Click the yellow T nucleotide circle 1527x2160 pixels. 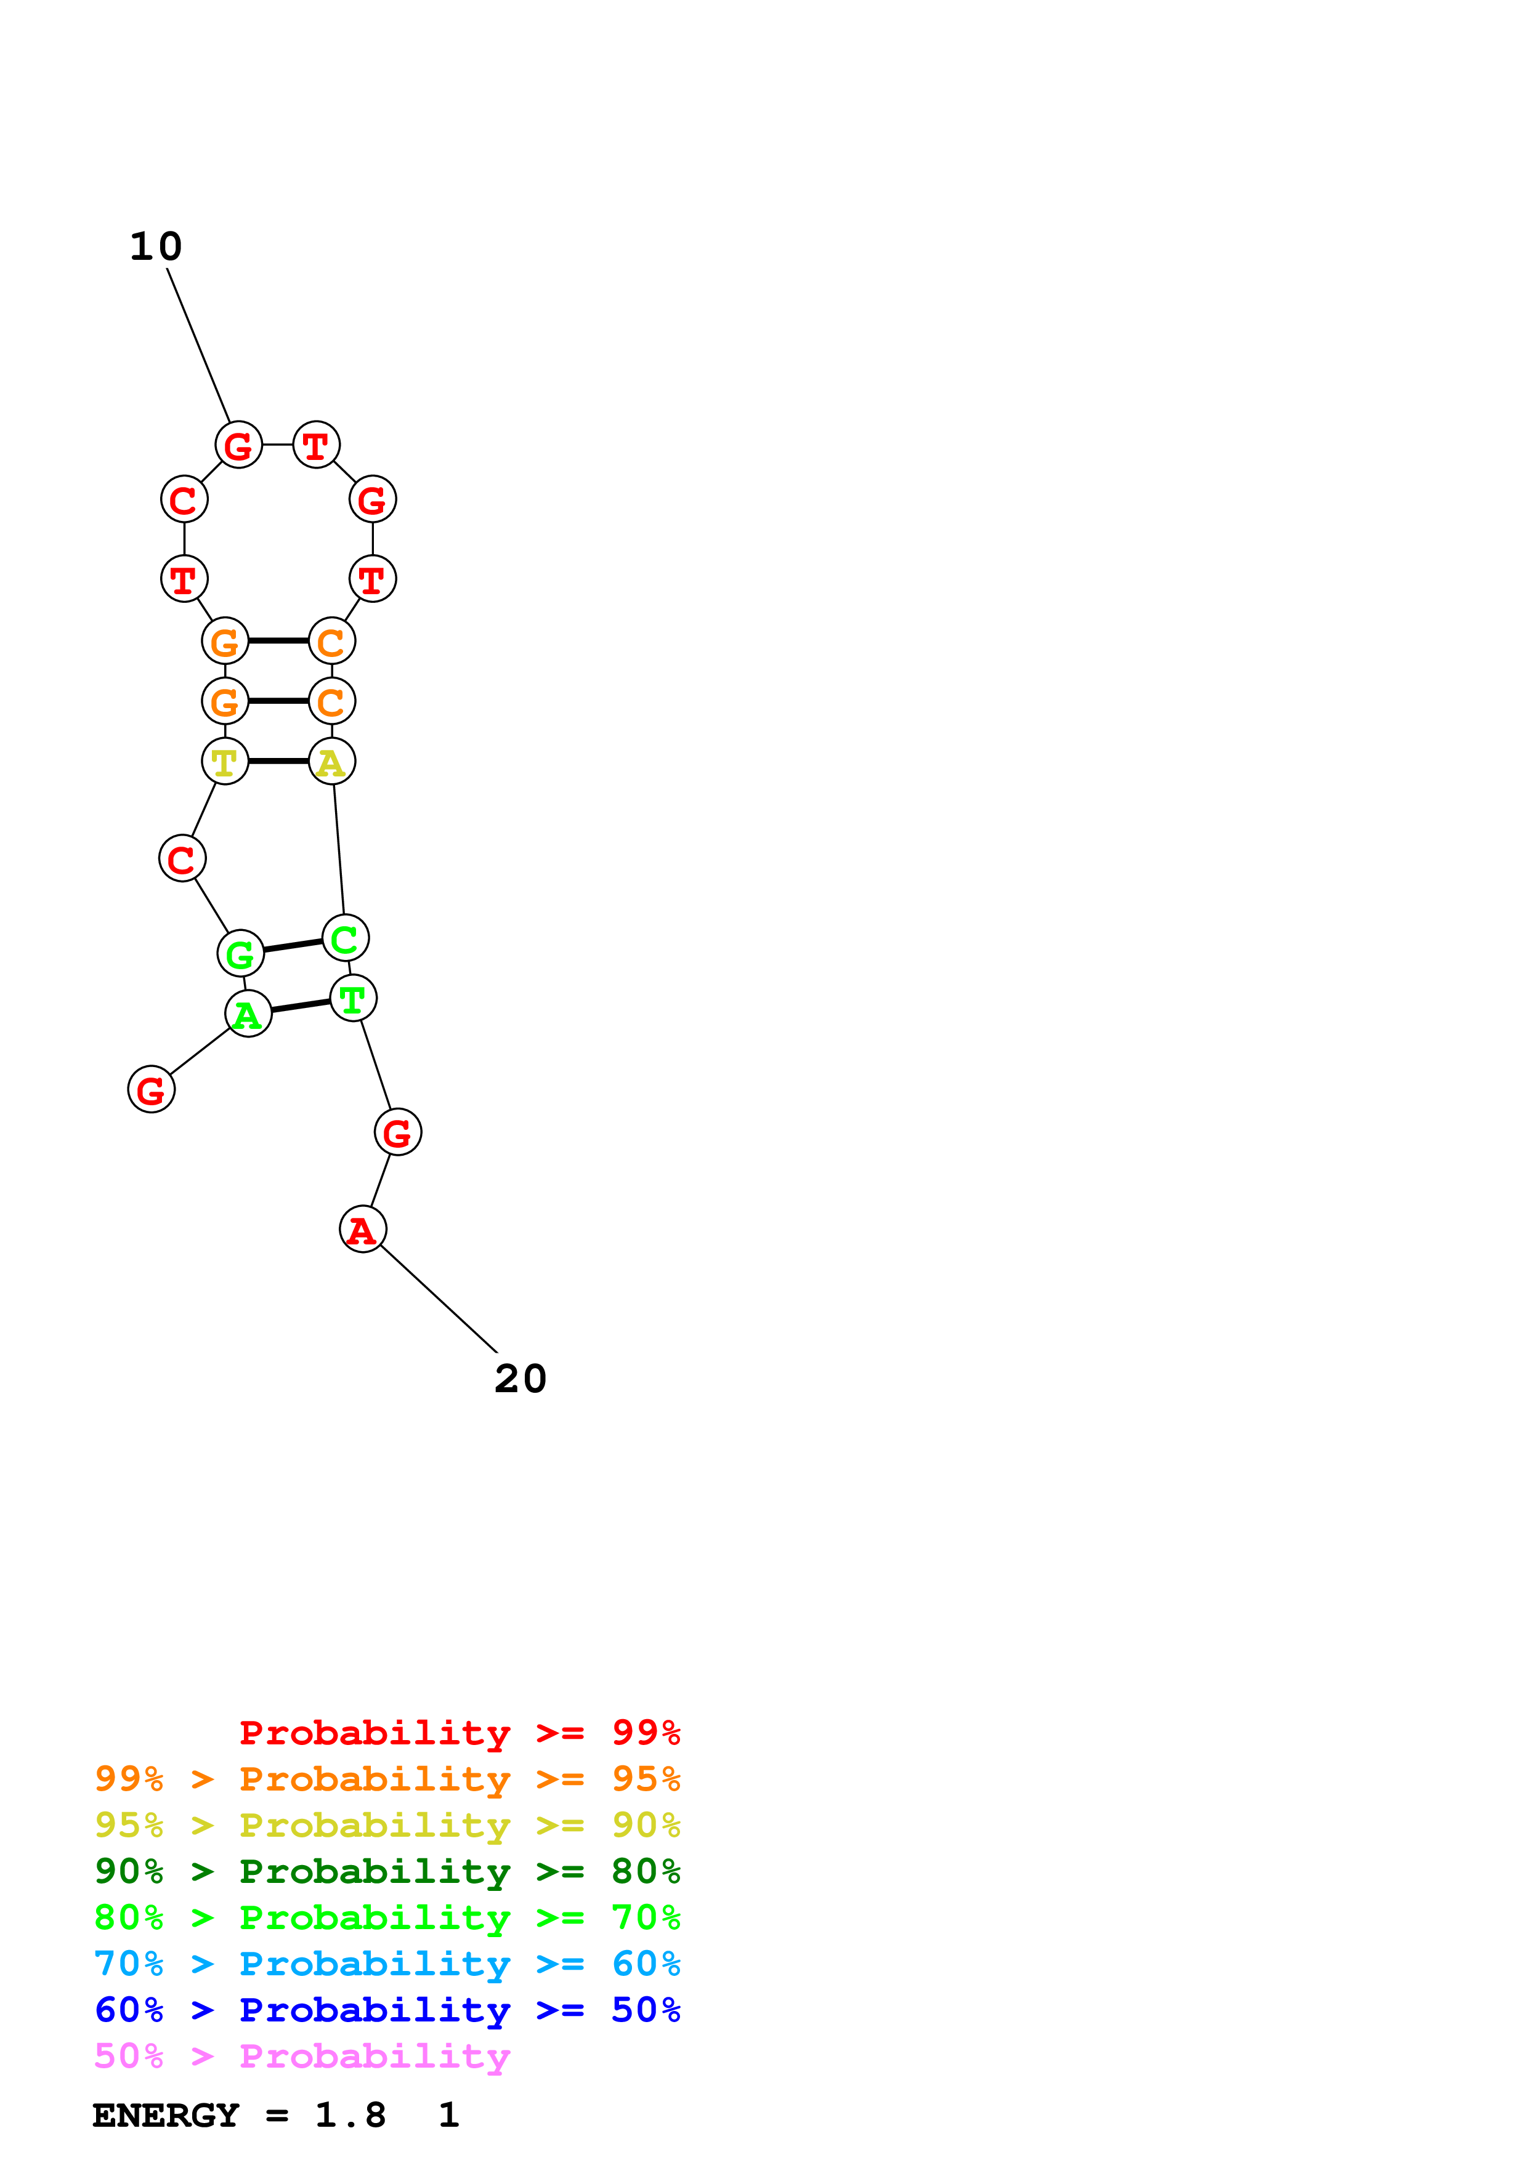[x=225, y=761]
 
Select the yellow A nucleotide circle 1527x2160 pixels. [x=331, y=761]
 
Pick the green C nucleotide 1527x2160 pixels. [x=346, y=938]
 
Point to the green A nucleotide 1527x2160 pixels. [x=248, y=1014]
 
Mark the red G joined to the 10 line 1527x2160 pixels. [x=239, y=445]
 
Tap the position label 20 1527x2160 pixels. [x=520, y=1380]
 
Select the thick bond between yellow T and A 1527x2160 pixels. [x=278, y=761]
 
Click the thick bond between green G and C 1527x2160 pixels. [x=293, y=946]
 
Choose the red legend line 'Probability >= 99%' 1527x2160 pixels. [x=459, y=1733]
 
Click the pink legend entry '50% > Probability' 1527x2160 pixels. [x=302, y=2057]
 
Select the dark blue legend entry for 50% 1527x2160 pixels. [x=387, y=2010]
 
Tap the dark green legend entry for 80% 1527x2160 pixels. [x=387, y=1872]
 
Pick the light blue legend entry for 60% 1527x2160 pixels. [x=387, y=1964]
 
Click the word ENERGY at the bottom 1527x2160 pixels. [x=166, y=2116]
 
